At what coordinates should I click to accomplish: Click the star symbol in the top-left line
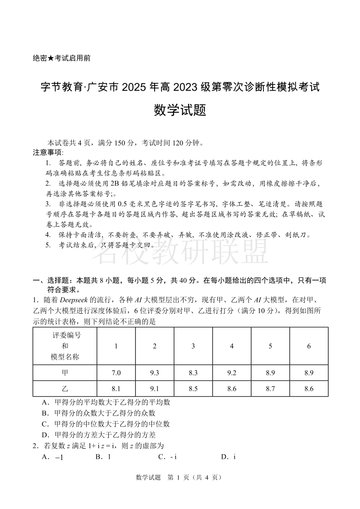pos(51,58)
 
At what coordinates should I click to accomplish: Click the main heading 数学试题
pos(180,110)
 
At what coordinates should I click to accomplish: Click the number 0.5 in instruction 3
pos(123,204)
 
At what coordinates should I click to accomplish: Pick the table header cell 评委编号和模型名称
pos(64,346)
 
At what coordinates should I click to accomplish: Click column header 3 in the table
pos(193,346)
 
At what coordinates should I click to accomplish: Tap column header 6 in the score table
pos(309,346)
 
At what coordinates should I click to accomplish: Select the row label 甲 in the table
pos(64,373)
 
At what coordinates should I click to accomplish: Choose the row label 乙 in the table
pos(64,388)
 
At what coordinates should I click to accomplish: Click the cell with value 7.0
pos(116,373)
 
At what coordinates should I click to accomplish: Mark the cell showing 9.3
pos(155,373)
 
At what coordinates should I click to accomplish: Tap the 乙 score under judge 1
pos(116,388)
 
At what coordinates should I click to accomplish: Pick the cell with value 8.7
pos(270,388)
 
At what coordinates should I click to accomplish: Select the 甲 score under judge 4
pos(232,373)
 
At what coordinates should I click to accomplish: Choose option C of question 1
pos(106,424)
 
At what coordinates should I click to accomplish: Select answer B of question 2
pos(103,457)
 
